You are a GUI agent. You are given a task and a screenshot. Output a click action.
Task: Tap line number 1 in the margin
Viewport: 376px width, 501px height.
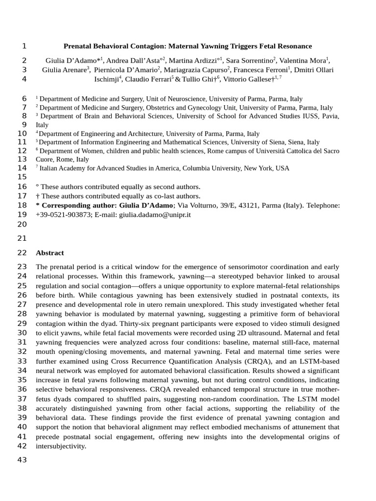(24, 46)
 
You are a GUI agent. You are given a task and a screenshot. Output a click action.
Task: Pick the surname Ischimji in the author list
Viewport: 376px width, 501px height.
(106, 79)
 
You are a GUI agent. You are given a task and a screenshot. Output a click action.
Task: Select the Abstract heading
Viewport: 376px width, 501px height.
(50, 253)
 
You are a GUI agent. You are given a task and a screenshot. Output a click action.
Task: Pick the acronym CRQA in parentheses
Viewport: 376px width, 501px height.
(254, 362)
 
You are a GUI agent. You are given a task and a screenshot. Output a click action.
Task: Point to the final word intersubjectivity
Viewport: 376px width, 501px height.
(61, 446)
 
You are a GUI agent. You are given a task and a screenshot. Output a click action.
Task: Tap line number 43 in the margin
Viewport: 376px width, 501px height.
(22, 460)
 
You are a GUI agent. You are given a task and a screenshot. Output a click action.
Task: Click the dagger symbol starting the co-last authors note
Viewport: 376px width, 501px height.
(37, 196)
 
